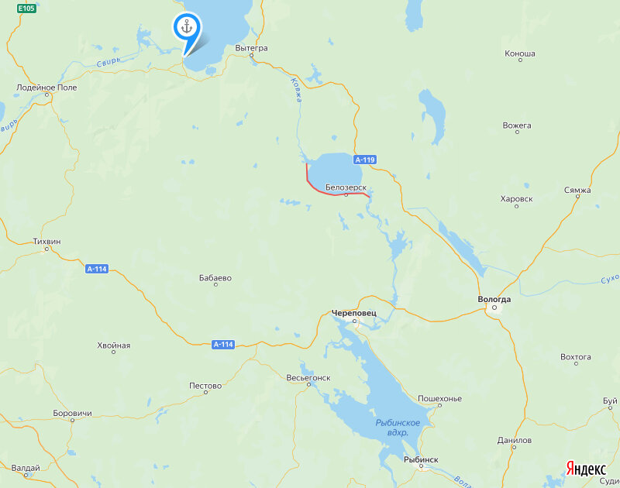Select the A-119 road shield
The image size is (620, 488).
pos(365,160)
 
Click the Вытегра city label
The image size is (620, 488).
pos(251,48)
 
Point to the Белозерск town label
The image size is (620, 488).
pos(346,187)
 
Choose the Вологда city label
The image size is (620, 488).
pos(494,299)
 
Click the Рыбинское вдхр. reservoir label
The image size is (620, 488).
pos(398,428)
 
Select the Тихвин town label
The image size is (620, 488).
pos(47,242)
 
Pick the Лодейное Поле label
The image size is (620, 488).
pos(46,88)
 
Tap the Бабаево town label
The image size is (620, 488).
pos(215,278)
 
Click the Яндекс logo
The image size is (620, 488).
pos(586,469)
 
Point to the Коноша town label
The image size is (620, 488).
pos(519,54)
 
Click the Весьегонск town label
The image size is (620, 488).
pos(308,377)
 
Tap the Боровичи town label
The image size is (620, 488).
pos(72,414)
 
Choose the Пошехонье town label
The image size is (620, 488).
pos(439,399)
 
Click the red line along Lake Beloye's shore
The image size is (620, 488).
pos(325,191)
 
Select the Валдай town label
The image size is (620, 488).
pos(26,468)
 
